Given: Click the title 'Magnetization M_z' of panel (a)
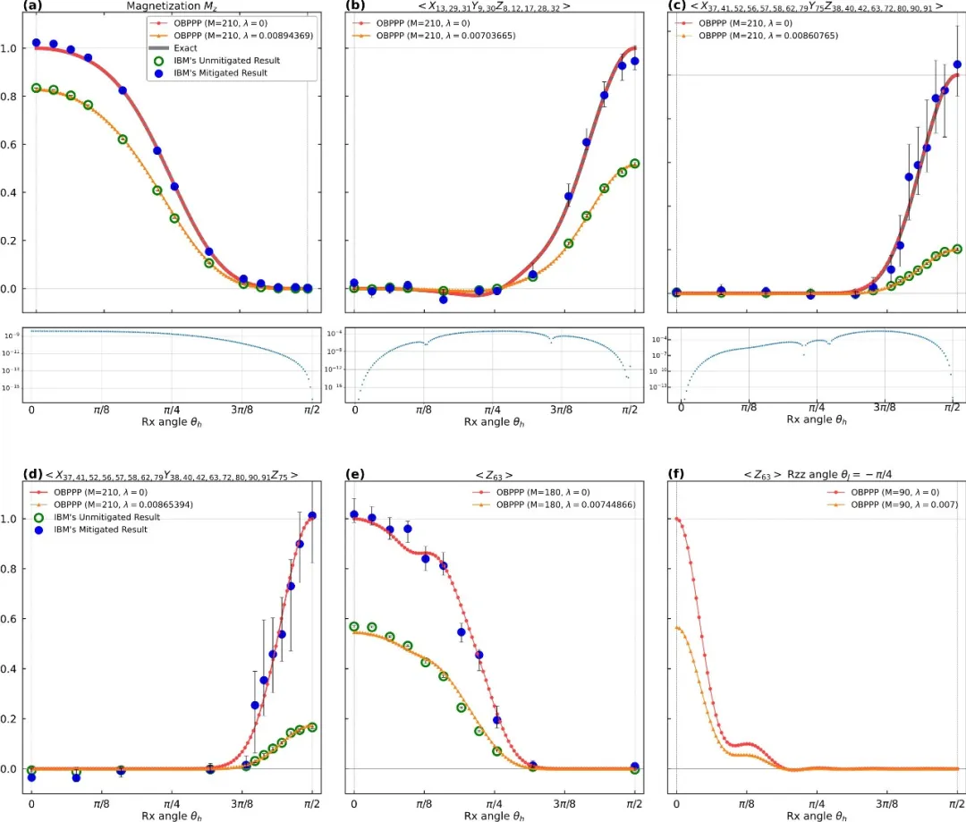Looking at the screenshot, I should (x=169, y=7).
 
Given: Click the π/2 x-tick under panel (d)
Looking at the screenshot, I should (x=312, y=802).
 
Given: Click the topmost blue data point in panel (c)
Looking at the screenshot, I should (x=957, y=64).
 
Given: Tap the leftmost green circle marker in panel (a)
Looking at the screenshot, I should (x=36, y=89).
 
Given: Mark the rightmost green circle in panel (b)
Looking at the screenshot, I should (x=635, y=164).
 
